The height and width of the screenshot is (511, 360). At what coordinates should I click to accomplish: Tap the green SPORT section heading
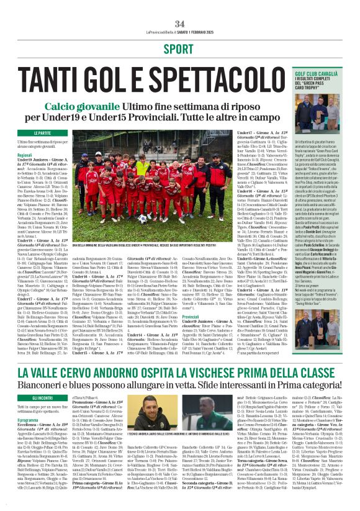click(x=180, y=48)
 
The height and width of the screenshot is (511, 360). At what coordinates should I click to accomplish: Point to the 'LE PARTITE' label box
click(x=43, y=133)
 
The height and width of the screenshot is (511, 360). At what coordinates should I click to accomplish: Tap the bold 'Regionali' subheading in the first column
click(x=25, y=154)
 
